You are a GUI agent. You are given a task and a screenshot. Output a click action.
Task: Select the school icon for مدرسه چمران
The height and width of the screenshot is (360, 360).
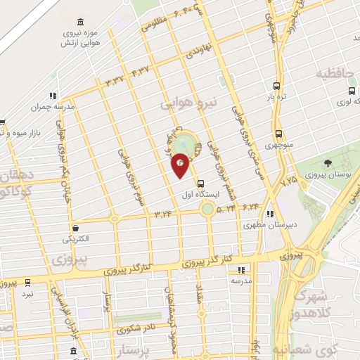pos(52,96)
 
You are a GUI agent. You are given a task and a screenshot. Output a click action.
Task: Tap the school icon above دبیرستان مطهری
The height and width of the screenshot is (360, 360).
pos(271,214)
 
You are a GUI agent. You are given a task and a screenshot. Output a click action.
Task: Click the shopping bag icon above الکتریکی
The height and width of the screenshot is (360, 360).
pos(76,227)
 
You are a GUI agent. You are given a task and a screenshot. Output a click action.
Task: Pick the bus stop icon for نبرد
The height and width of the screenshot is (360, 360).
pos(27,283)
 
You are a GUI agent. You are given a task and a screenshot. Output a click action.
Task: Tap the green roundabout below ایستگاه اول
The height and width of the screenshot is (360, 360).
pos(207,208)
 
